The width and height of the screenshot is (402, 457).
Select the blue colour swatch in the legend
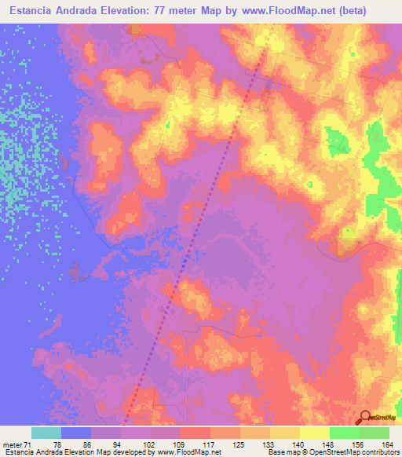click(76, 433)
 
